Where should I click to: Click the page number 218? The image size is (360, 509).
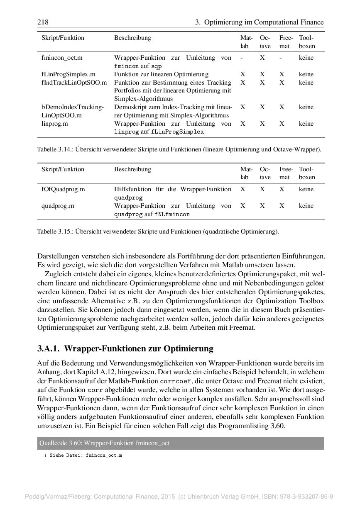[x=43, y=22]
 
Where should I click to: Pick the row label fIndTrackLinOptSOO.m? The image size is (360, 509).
[x=74, y=83]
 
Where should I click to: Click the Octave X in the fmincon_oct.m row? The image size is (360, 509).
[x=262, y=58]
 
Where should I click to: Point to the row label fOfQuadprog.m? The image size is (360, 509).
[x=63, y=189]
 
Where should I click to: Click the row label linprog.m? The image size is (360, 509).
[x=54, y=124]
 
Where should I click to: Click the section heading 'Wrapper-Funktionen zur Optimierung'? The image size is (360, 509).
[x=139, y=348]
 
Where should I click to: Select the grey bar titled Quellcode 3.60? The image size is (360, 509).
[x=181, y=443]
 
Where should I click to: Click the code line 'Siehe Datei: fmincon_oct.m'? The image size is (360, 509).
[x=86, y=455]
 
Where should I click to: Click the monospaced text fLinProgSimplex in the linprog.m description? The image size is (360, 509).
[x=177, y=132]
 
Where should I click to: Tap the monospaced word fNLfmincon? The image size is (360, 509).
[x=172, y=214]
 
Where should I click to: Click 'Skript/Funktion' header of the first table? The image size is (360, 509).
[x=63, y=38]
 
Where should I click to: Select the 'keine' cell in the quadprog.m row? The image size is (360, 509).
[x=306, y=206]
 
